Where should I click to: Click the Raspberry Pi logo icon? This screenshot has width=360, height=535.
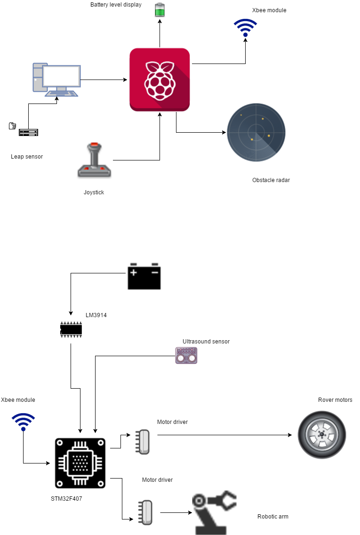(160, 80)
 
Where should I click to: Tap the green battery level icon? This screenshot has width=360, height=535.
(160, 10)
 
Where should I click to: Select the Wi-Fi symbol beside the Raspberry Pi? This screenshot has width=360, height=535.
(246, 28)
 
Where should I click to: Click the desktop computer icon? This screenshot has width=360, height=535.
(56, 79)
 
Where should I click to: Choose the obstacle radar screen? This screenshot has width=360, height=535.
(256, 133)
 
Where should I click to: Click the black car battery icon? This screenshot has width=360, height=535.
(144, 276)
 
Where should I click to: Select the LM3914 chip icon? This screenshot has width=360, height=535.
(71, 329)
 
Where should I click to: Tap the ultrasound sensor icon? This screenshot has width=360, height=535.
(186, 355)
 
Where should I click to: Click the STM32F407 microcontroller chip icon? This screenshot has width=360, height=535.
(80, 463)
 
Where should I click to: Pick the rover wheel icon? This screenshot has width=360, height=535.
(322, 435)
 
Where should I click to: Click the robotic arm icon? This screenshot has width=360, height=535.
(214, 513)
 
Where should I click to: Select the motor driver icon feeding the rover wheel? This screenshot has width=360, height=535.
(143, 442)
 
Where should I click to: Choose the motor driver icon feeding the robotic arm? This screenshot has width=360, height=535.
(145, 512)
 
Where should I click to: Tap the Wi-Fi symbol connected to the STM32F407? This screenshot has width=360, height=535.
(23, 422)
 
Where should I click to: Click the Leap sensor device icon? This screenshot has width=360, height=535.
(28, 132)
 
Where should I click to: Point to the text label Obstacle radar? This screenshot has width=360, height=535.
(271, 180)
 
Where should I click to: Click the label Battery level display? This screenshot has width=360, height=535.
(116, 5)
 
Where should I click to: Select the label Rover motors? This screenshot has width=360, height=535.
(335, 400)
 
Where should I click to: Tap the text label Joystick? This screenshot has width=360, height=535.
(94, 192)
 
